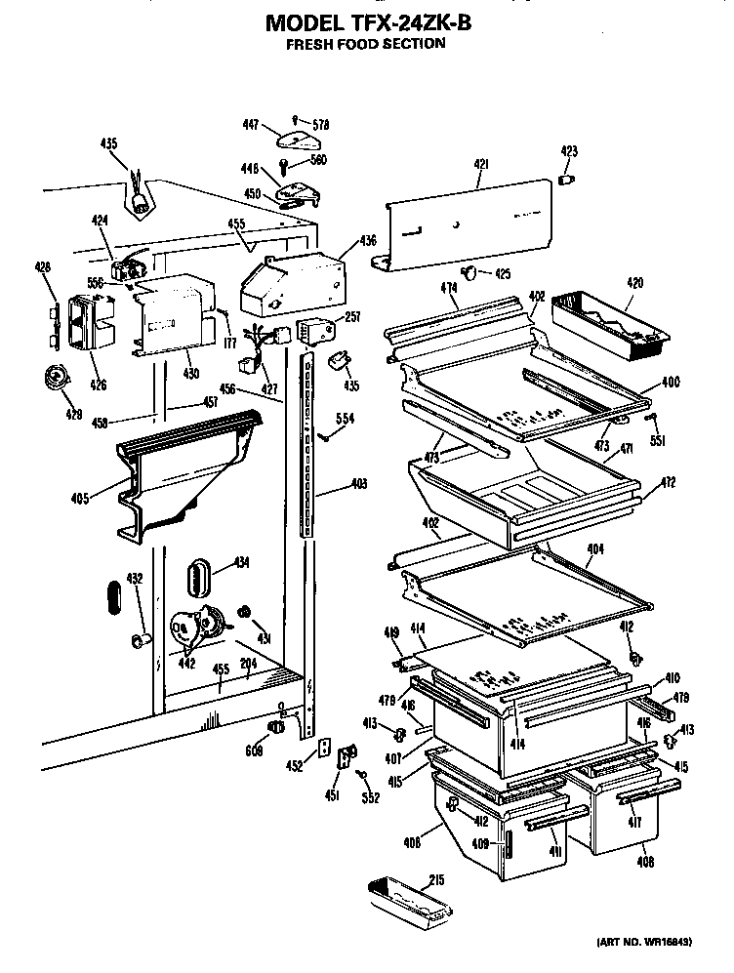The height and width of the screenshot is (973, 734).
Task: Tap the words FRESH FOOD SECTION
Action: coord(365,44)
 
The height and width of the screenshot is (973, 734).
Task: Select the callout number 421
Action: coord(480,165)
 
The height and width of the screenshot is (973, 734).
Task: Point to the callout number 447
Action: coord(251,124)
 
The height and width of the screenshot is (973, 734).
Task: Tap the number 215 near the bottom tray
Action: coord(436,879)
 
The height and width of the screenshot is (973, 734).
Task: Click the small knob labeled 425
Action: coord(472,271)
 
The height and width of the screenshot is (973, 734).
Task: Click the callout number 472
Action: coord(639,483)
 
